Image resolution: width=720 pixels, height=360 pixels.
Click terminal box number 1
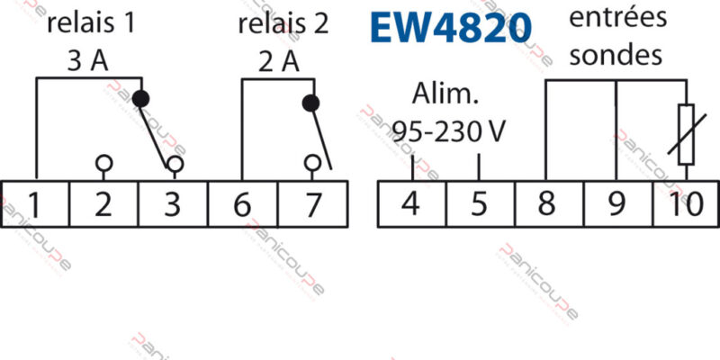click(x=35, y=205)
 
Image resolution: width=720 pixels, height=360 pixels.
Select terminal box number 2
click(x=104, y=205)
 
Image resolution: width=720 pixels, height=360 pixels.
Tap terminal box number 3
click(x=173, y=205)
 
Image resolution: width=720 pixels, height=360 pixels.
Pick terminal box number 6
click(x=242, y=205)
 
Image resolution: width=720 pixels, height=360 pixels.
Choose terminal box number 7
click(x=312, y=205)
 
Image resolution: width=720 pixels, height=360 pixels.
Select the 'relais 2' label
click(x=283, y=23)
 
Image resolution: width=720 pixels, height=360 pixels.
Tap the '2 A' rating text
click(x=279, y=61)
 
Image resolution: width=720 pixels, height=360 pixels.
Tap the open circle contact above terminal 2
click(x=104, y=163)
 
